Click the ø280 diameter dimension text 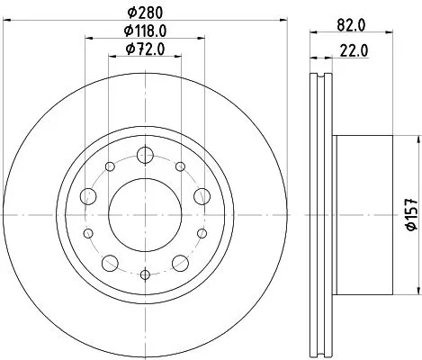tap(144, 13)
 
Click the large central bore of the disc tap(144, 214)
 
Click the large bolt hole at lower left tap(109, 263)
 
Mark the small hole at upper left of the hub tap(109, 166)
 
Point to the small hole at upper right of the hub tap(179, 166)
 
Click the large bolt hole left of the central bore tap(88, 195)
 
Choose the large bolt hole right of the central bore tap(200, 195)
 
